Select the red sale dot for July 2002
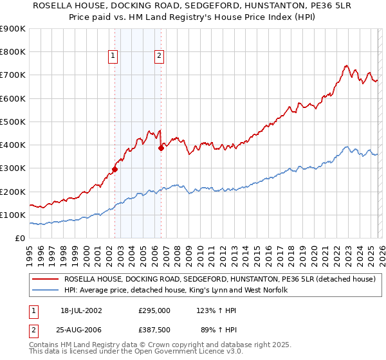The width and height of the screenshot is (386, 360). [115, 170]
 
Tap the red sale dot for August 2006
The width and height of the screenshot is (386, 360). [161, 148]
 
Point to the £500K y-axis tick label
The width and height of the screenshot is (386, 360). [12, 122]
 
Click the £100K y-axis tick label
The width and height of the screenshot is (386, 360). [12, 215]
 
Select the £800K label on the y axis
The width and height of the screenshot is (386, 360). [12, 52]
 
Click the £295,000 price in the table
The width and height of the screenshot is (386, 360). [154, 310]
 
